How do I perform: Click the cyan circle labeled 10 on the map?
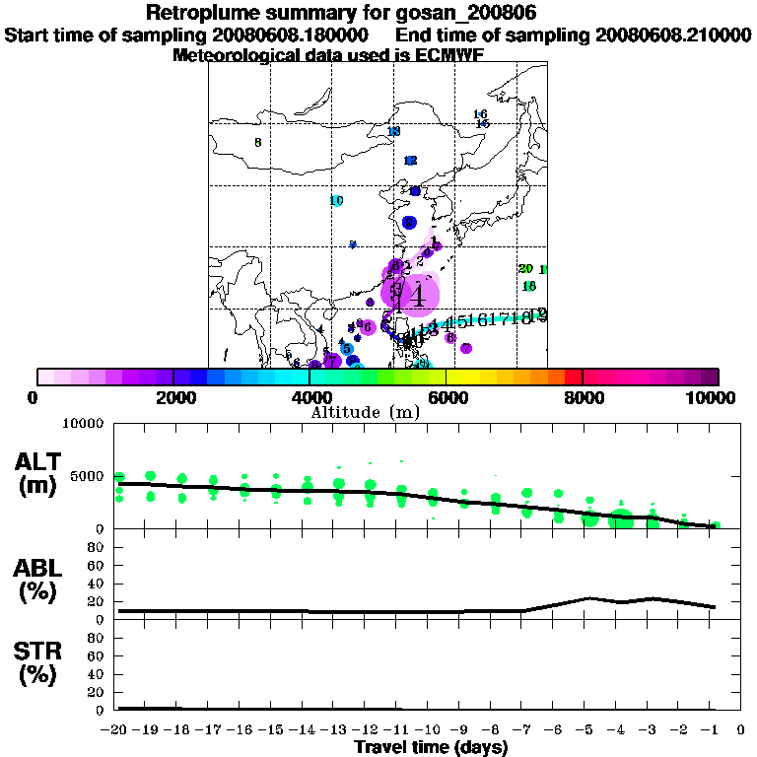(336, 201)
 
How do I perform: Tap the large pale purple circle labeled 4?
(418, 294)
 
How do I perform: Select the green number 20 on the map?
(525, 269)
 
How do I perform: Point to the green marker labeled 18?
(529, 286)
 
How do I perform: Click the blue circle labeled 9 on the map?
(409, 223)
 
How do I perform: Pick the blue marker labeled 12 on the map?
(411, 161)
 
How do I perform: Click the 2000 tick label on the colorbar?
(173, 398)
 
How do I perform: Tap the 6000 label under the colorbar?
(447, 398)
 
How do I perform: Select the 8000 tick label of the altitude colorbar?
(583, 398)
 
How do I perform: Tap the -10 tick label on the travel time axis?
(432, 732)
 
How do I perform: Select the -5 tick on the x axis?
(588, 732)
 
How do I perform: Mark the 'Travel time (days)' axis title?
(431, 748)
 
